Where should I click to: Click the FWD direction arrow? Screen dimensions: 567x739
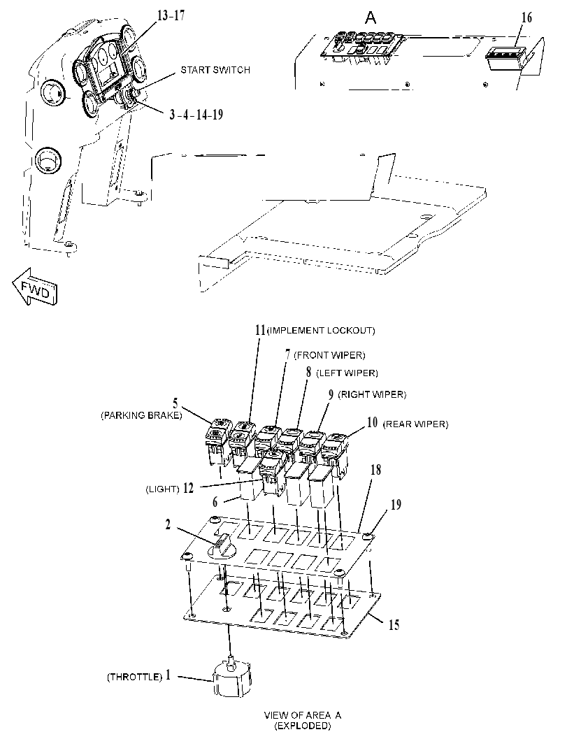click(35, 287)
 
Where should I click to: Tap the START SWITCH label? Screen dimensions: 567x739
click(215, 70)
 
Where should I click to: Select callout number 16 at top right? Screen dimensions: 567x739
click(526, 18)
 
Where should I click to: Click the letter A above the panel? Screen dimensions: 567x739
click(371, 18)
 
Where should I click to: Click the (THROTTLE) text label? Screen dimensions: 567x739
click(135, 677)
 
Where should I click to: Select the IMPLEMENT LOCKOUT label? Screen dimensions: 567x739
click(321, 331)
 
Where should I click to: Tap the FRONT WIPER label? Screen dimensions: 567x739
click(329, 355)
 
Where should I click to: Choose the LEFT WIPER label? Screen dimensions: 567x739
click(347, 373)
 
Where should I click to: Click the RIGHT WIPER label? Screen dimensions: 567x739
click(372, 394)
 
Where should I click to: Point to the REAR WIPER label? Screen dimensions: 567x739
click(415, 424)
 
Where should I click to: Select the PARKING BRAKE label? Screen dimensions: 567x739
click(141, 416)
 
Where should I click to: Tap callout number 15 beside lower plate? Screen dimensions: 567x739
click(394, 625)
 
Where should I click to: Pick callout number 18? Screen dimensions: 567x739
click(375, 470)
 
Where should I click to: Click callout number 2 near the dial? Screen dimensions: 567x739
click(168, 524)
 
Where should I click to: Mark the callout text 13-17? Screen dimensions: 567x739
click(171, 15)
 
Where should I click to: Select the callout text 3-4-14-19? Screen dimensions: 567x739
click(196, 115)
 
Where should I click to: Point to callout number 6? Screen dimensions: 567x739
click(215, 502)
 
